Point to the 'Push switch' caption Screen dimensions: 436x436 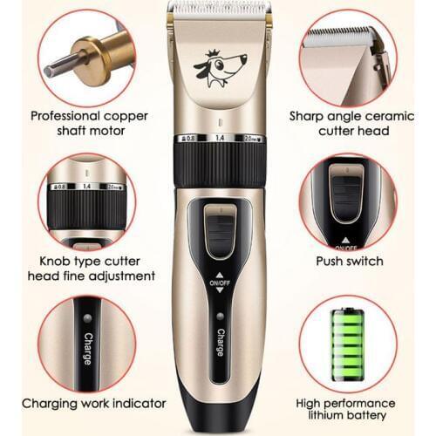pyautogui.click(x=348, y=262)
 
